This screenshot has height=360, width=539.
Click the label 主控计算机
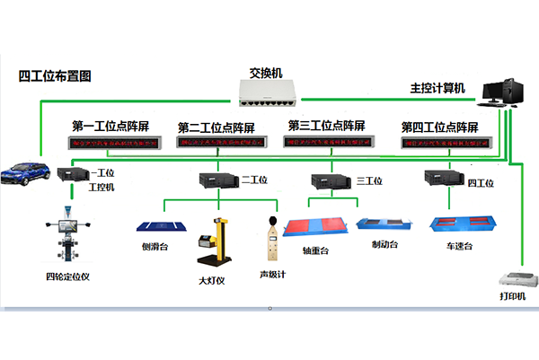pos(437,88)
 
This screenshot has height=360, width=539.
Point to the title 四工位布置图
pos(55,76)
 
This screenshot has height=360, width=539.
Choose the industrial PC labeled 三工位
pos(331,180)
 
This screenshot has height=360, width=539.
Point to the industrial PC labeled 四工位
pos(444,179)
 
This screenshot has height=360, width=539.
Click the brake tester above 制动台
pos(381,224)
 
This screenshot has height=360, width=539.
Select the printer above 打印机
pos(511,277)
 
